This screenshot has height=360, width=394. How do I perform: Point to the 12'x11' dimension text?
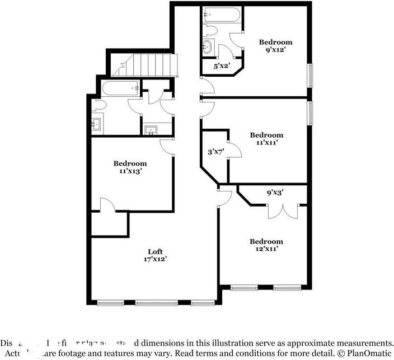266,250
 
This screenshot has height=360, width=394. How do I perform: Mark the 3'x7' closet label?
215,151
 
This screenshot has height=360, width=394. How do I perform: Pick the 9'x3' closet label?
275,193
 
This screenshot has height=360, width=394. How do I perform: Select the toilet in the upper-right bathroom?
210,29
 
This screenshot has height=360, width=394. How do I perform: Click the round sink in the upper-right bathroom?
209,47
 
